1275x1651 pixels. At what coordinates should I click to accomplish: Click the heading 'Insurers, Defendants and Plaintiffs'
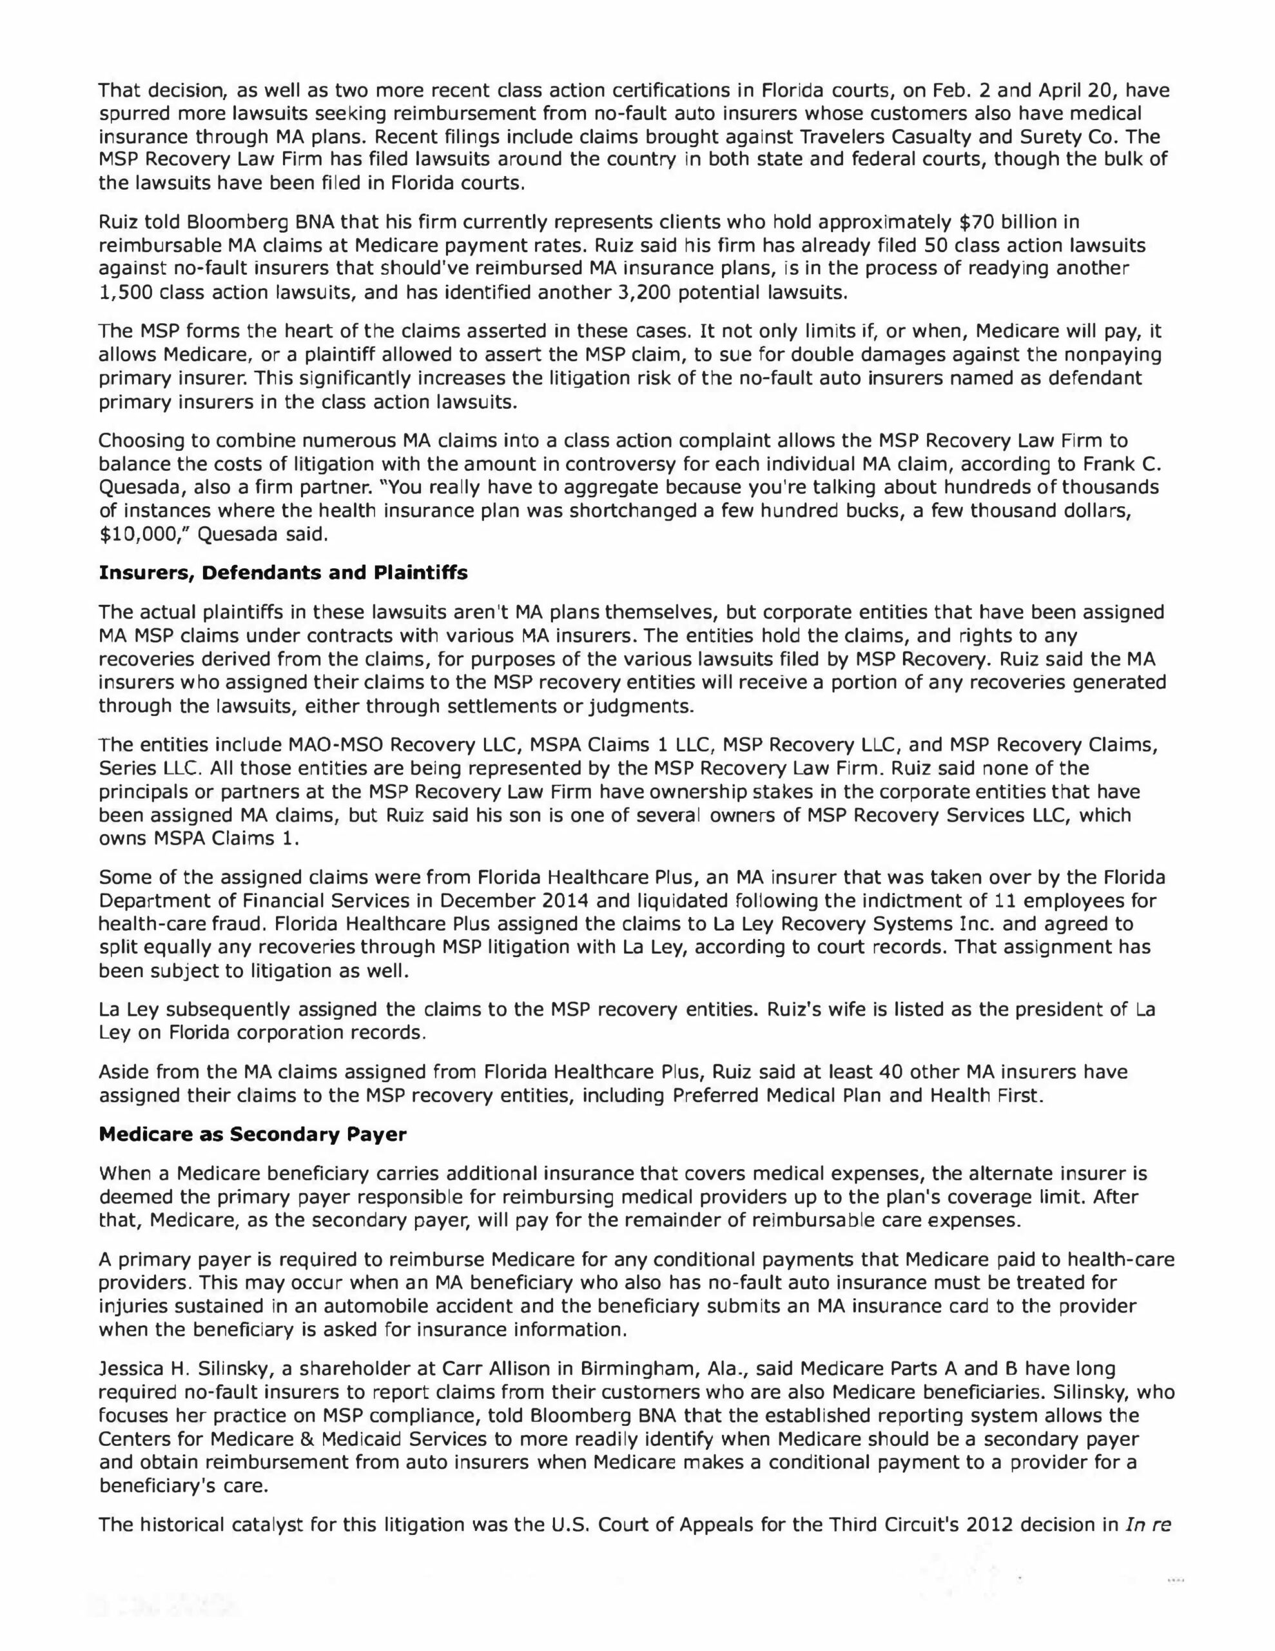point(284,573)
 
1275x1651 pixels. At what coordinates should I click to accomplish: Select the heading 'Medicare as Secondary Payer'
point(253,1134)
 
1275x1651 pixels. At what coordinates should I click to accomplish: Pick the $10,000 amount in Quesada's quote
point(135,535)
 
